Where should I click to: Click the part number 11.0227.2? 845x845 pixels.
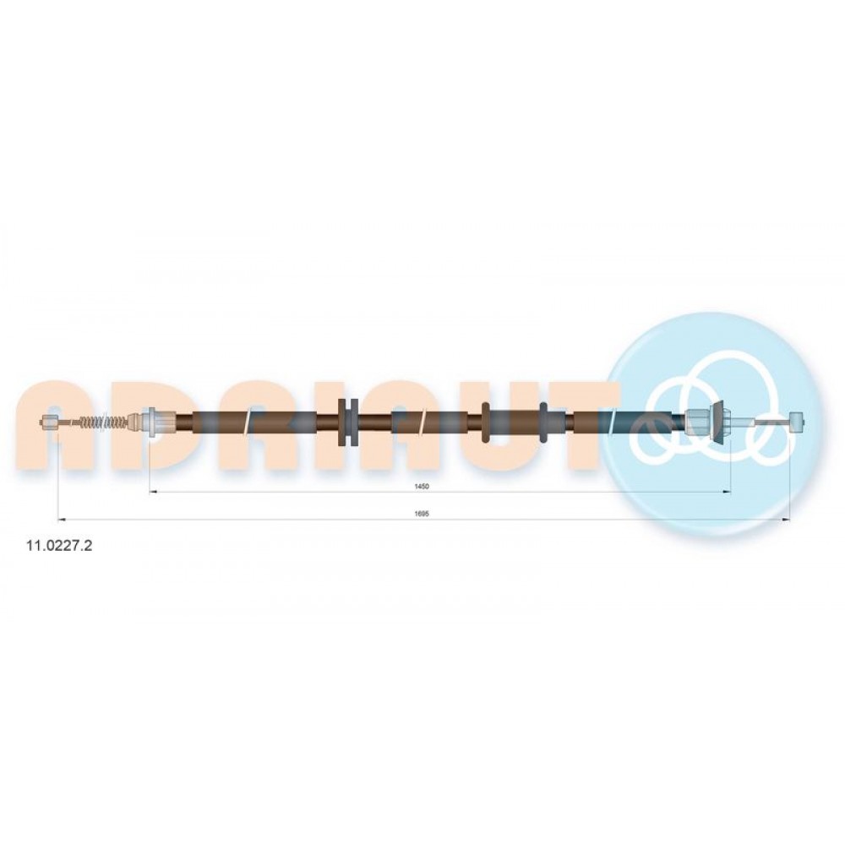tap(59, 545)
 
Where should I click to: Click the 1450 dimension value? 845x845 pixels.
tap(422, 486)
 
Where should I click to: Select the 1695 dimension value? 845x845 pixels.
tap(422, 514)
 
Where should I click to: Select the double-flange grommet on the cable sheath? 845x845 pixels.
tap(347, 422)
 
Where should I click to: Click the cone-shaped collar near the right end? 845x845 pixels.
tap(718, 422)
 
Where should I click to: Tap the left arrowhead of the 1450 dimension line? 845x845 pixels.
tap(152, 492)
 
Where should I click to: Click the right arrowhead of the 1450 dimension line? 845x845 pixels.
tap(727, 492)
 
